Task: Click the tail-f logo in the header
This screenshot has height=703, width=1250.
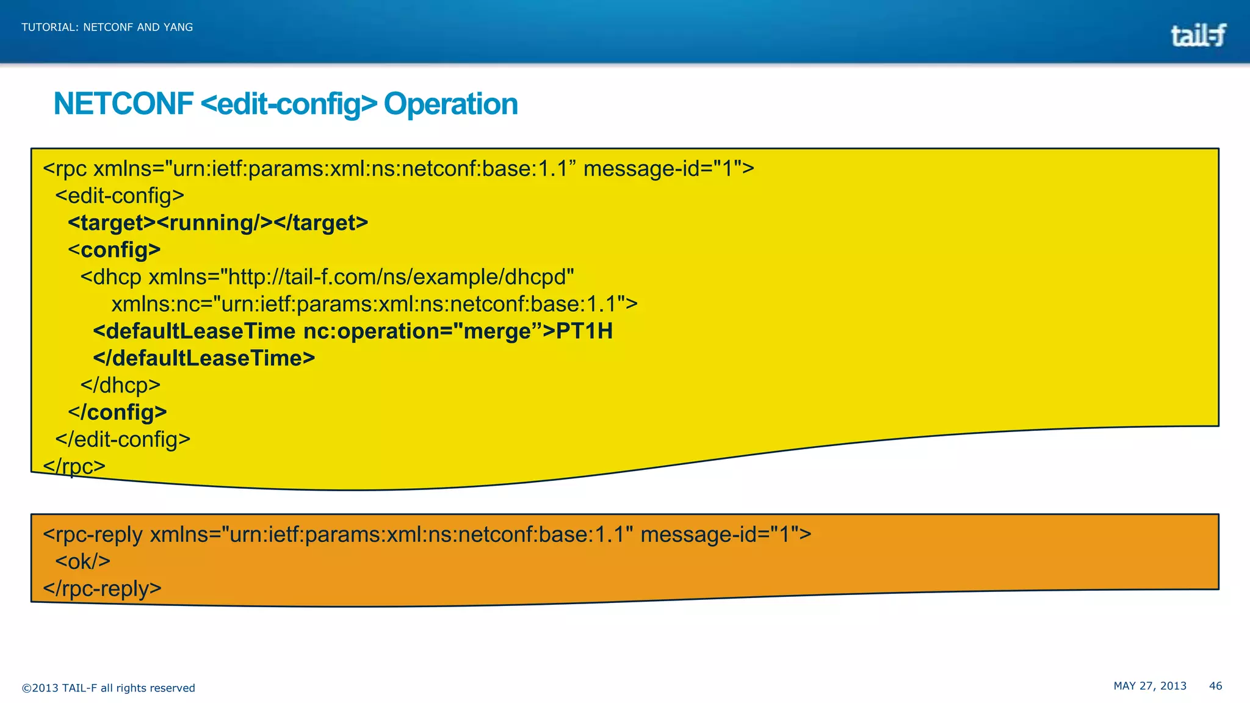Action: click(x=1198, y=35)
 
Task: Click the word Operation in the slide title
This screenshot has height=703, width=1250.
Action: click(x=450, y=104)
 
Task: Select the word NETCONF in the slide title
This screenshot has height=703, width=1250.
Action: click(x=123, y=104)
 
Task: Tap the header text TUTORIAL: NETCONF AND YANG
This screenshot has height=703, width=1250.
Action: click(x=107, y=27)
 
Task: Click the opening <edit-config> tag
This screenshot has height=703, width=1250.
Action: click(x=120, y=196)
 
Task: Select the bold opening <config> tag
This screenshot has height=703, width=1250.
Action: click(x=114, y=250)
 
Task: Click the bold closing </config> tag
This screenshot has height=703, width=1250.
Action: click(x=117, y=413)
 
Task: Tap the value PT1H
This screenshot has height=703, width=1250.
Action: click(x=584, y=331)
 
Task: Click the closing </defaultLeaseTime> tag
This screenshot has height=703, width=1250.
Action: click(x=204, y=358)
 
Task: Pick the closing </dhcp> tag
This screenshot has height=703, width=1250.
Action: click(x=120, y=386)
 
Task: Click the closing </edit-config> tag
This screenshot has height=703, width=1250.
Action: click(x=123, y=439)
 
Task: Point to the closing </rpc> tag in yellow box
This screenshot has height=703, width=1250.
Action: click(x=74, y=467)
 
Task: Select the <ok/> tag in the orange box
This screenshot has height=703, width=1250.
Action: click(x=82, y=561)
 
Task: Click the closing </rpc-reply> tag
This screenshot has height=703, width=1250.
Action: click(x=102, y=589)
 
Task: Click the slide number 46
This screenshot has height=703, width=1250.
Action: click(x=1215, y=686)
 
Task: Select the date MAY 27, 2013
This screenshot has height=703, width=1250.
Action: click(x=1150, y=686)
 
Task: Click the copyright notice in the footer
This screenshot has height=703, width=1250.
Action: click(x=108, y=688)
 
